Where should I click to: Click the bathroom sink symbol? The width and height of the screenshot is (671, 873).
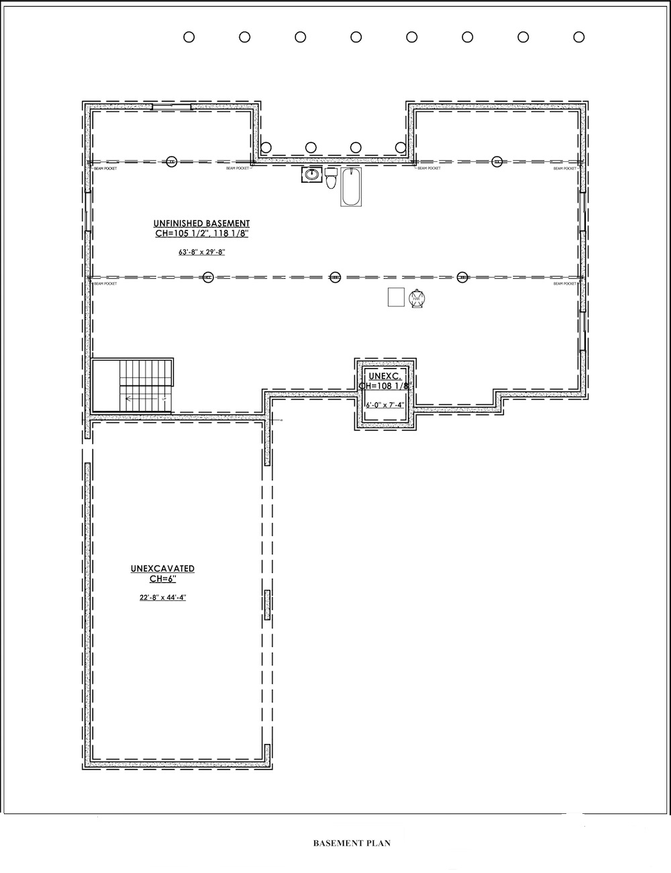click(311, 175)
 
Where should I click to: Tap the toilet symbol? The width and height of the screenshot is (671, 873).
click(331, 179)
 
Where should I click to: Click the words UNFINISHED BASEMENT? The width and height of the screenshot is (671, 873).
click(201, 224)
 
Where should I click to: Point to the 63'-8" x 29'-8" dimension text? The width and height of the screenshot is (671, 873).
click(201, 253)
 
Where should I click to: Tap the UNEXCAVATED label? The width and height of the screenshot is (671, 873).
click(162, 569)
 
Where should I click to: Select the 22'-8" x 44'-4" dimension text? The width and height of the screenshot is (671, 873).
click(162, 597)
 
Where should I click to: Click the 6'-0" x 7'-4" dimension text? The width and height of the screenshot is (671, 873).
click(386, 405)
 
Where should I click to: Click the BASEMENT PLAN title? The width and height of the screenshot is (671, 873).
click(352, 843)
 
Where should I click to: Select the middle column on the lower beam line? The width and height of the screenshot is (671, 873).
click(335, 277)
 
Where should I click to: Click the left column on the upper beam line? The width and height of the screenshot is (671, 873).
click(172, 161)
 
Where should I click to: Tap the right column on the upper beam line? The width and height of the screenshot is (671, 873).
click(497, 161)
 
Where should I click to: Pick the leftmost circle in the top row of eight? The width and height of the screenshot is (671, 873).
click(189, 37)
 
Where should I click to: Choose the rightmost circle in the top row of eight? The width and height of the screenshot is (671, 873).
click(579, 37)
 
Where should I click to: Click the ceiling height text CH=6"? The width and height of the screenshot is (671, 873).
click(162, 579)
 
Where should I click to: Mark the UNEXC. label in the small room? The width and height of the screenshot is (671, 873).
click(384, 376)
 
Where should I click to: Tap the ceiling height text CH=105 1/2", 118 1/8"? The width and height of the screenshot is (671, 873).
click(202, 234)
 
